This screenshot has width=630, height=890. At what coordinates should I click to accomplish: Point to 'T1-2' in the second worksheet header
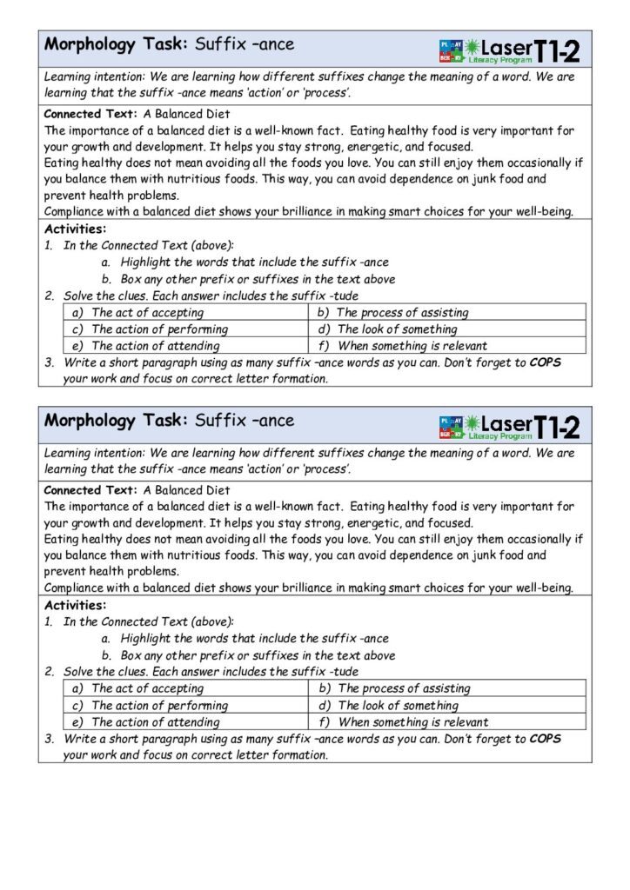click(557, 427)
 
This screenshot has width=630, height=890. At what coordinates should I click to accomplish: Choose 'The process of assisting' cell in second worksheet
click(403, 688)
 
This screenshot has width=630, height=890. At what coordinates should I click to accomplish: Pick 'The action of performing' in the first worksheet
click(159, 329)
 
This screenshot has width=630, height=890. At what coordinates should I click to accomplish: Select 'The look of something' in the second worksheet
click(397, 705)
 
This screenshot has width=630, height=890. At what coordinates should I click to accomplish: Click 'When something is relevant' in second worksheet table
click(412, 721)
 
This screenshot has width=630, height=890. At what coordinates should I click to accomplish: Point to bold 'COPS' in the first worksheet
click(545, 362)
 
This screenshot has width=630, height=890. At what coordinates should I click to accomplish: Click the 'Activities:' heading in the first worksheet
click(75, 229)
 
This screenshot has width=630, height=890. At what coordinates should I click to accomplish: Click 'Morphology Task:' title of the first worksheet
click(116, 43)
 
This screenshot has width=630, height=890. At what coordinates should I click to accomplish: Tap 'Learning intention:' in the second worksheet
click(95, 453)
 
